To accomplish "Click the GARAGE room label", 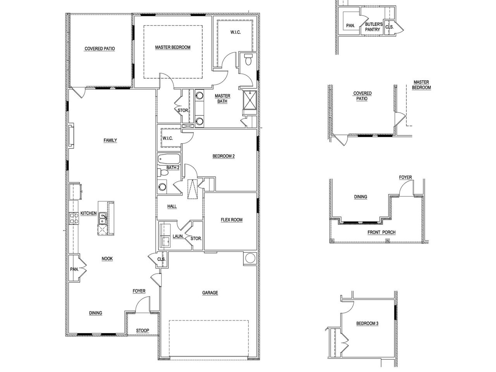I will pos(210,293).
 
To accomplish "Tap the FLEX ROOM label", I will pos(231,220).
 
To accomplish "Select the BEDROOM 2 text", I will pos(224,156).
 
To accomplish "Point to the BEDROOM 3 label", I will pos(367,323).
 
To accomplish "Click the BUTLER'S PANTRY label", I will pos(374,27).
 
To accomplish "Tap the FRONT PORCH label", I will pos(381,232).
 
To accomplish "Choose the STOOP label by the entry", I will pos(142,331).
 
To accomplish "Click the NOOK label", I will pos(107,258).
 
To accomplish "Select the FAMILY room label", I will pos(110,140).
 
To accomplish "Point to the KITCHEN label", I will pos(88,214).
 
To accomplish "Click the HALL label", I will pos(172,206).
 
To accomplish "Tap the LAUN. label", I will pos(178,236).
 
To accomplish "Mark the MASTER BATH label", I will pos(222,98).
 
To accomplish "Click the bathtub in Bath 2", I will pos(169,159).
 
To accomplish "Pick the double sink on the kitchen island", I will pos(103,219).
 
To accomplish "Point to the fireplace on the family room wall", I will pos(72,136).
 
